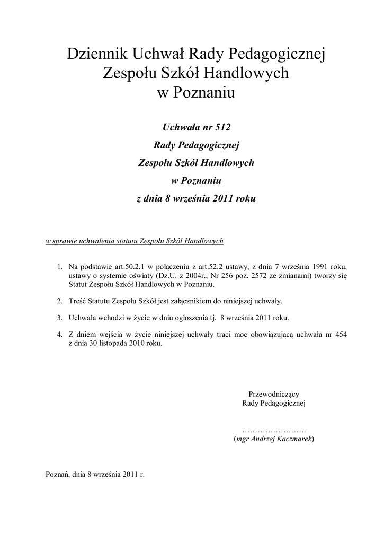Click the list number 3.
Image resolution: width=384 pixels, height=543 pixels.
(60, 318)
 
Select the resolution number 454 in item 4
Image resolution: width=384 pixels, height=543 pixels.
(341, 334)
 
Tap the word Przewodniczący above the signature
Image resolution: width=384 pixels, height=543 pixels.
(274, 394)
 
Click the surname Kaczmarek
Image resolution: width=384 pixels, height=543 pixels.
(294, 440)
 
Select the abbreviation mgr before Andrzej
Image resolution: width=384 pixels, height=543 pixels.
(243, 440)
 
